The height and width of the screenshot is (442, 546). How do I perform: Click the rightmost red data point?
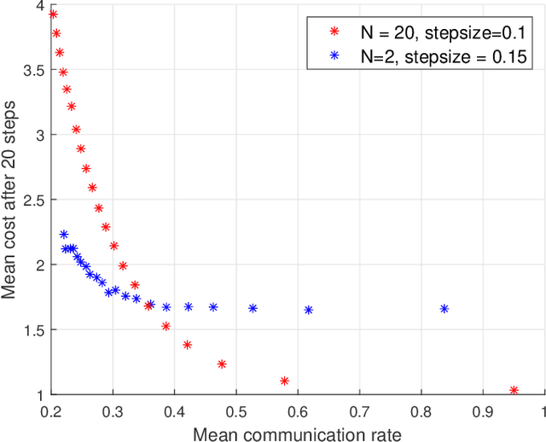tap(514, 390)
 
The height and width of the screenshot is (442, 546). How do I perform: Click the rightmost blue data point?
tap(444, 309)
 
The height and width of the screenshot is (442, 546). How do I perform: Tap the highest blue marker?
tap(64, 234)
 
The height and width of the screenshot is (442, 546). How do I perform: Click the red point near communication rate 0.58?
tap(285, 381)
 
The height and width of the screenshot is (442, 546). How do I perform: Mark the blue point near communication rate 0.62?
tap(309, 310)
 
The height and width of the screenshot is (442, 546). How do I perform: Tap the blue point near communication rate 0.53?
tap(253, 308)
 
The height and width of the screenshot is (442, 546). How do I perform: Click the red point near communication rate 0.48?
tap(222, 364)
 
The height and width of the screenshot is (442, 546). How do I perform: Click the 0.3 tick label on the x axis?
tap(113, 410)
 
